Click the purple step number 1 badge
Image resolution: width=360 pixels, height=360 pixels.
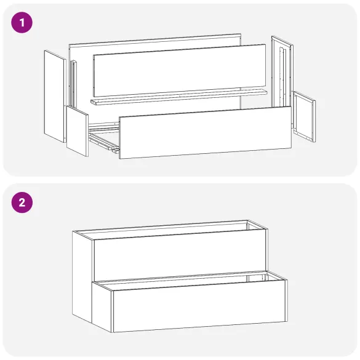(23, 24)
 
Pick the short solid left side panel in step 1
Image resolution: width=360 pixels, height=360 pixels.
(77, 130)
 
